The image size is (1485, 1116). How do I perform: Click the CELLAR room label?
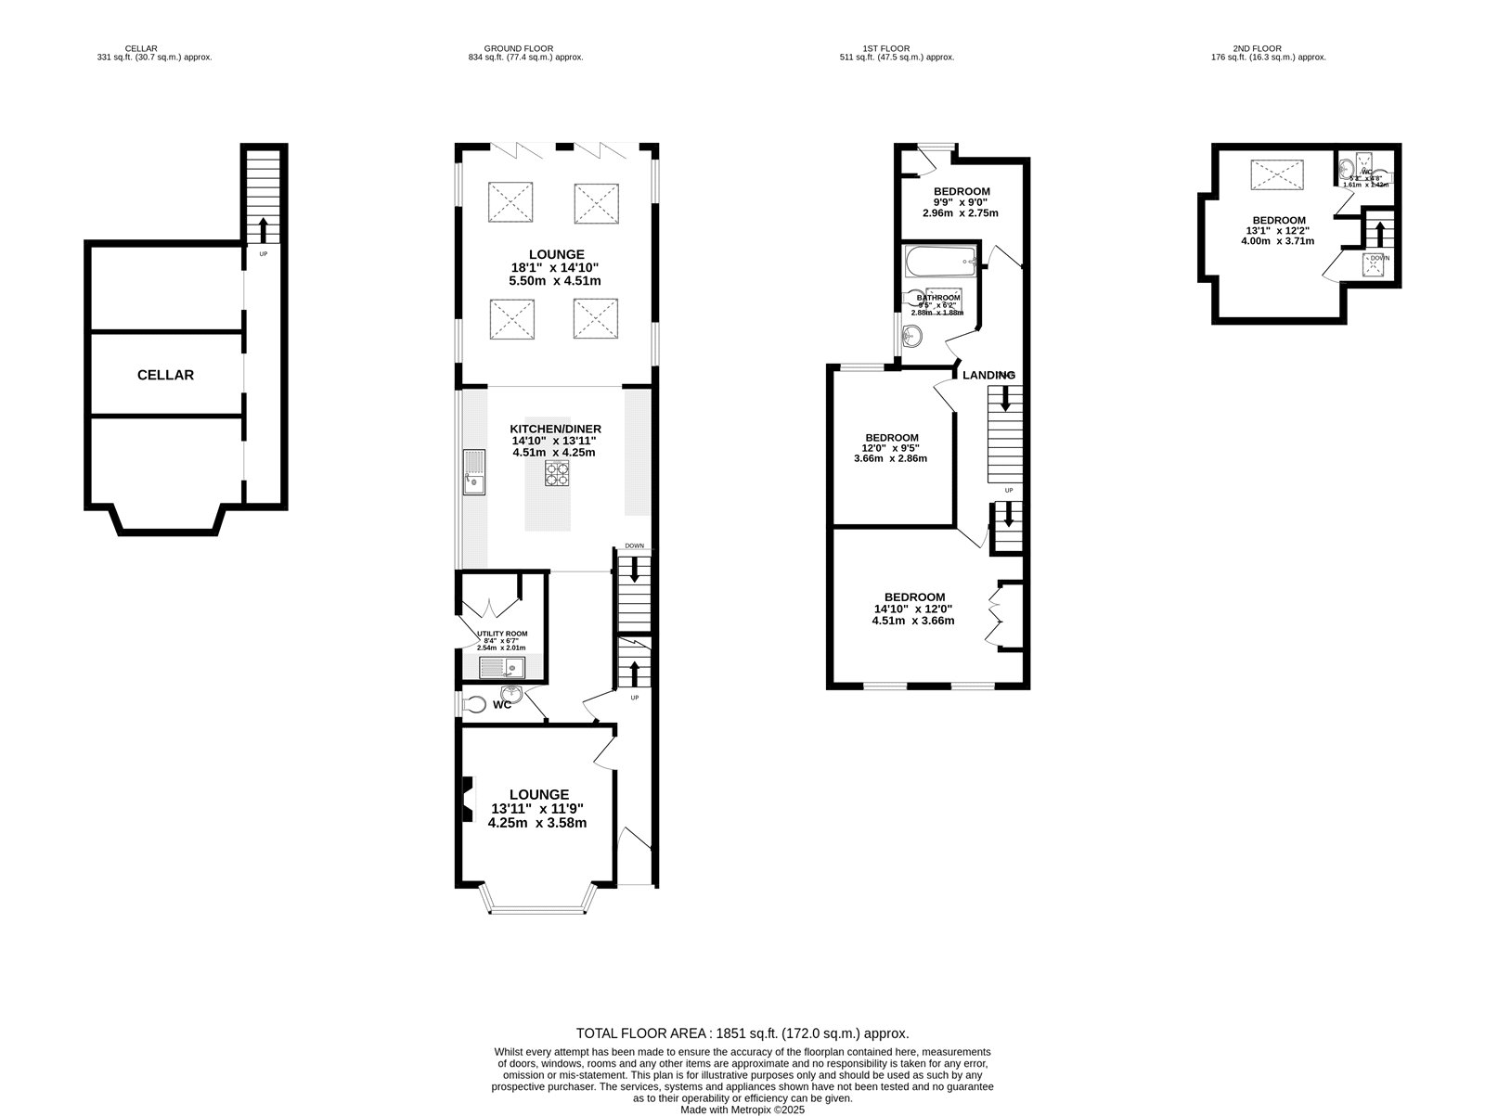pos(165,375)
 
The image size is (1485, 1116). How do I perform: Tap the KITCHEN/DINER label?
pos(555,429)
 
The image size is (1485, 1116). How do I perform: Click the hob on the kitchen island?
pos(556,473)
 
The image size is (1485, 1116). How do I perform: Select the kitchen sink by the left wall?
pos(474,472)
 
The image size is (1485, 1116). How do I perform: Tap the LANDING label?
pos(988,375)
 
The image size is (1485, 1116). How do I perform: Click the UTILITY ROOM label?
pos(502,634)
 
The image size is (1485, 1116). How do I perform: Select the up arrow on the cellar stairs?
pos(263,228)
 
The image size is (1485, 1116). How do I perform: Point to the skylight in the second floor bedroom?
pos(1277,175)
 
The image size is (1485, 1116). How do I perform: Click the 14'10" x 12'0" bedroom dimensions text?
pos(913,609)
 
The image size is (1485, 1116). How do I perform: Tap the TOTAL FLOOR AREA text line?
pos(742,1033)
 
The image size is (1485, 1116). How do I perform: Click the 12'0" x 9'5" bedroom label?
pos(891,438)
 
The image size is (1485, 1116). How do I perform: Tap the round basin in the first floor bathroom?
pos(914,336)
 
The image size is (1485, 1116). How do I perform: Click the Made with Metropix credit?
pos(742,1109)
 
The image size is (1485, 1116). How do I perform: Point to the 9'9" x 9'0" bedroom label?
pos(962,192)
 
